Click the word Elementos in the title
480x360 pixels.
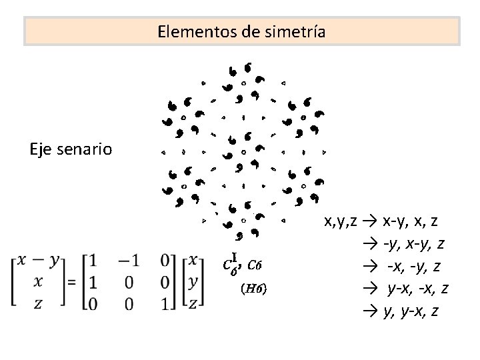pyautogui.click(x=188, y=31)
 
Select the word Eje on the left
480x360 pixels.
pyautogui.click(x=42, y=147)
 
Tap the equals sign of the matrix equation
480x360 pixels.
pyautogui.click(x=71, y=282)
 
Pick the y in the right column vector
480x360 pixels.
pyautogui.click(x=194, y=281)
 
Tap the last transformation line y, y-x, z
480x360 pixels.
pyautogui.click(x=411, y=311)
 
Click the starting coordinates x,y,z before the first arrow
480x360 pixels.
pyautogui.click(x=343, y=220)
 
